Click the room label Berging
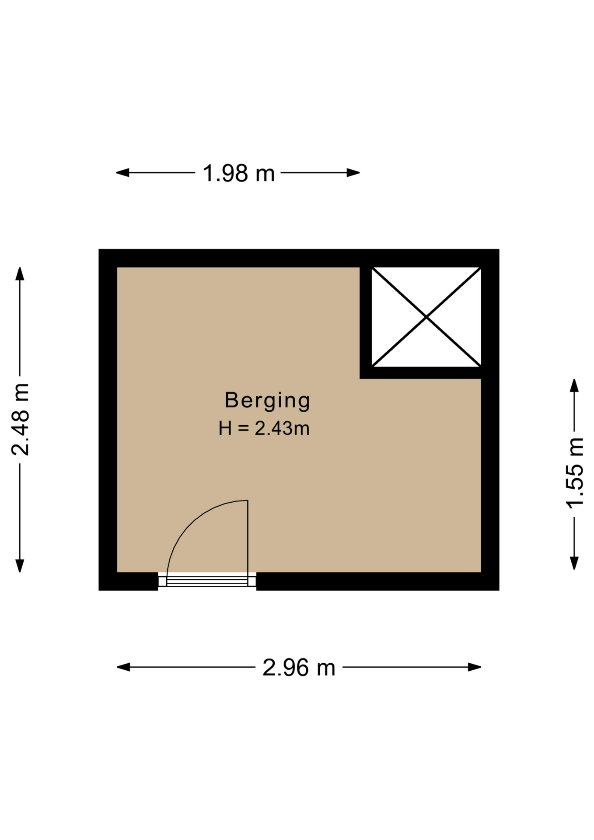click(267, 401)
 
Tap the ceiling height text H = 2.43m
click(264, 428)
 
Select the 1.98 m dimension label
click(239, 173)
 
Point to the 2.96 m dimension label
click(299, 668)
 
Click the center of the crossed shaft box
click(426, 317)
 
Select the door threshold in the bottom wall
click(207, 581)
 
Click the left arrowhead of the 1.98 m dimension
click(122, 173)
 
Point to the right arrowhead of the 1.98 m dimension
click(353, 173)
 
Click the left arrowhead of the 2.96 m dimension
click(123, 667)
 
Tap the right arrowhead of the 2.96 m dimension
click(475, 667)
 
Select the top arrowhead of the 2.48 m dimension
click(20, 274)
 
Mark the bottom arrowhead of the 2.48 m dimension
click(20, 566)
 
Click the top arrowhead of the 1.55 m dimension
click(574, 385)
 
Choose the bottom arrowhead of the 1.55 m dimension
click(574, 563)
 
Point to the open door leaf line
click(248, 536)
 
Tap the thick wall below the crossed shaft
click(420, 373)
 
